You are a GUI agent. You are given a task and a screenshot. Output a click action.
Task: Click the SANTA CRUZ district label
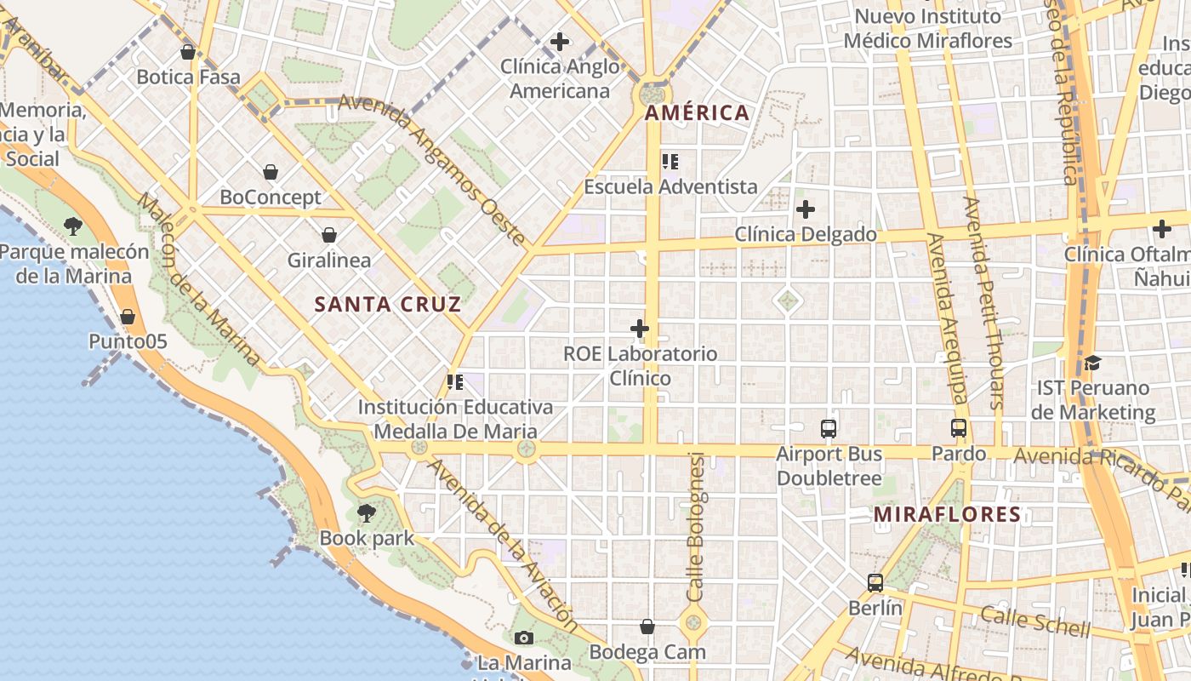point(388,304)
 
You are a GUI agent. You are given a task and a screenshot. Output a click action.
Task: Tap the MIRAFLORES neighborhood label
point(947,514)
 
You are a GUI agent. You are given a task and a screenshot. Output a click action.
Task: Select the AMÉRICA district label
point(697,112)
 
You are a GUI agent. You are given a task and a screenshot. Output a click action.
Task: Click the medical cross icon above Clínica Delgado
point(805,209)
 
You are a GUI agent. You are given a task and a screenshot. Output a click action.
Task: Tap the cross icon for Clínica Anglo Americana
point(559,41)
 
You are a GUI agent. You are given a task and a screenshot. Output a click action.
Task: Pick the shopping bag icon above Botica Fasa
point(188,52)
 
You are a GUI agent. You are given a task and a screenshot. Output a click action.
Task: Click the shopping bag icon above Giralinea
point(329,235)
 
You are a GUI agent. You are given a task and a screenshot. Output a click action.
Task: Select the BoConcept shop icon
point(271,172)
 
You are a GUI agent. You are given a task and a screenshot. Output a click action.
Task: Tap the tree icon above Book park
point(367,512)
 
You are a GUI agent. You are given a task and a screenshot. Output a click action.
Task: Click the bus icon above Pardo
point(959,428)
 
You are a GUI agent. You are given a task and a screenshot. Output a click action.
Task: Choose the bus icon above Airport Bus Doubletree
point(829,428)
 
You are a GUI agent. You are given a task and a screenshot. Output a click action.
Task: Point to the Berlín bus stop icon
point(875,583)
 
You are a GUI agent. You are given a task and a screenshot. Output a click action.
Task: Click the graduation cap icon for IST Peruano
point(1092,363)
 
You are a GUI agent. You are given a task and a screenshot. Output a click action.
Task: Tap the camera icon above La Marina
point(524,638)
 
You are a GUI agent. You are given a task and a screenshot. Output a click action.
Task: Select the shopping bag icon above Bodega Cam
point(647,627)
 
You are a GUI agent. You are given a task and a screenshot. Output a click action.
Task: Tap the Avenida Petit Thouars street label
point(984,302)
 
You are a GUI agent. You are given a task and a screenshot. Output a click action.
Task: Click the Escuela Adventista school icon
point(670,161)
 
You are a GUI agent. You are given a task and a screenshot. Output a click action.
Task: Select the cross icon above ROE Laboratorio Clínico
point(640,328)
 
